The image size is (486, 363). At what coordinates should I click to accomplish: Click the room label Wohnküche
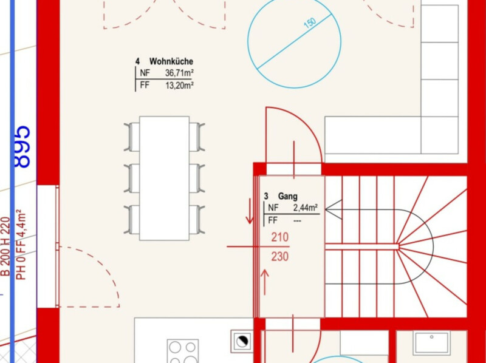point(171,61)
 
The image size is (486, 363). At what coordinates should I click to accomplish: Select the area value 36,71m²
point(179,73)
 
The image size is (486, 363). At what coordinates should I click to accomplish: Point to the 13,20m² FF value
point(179,85)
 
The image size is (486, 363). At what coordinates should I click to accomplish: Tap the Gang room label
point(287,196)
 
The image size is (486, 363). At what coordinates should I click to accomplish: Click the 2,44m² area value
point(306,208)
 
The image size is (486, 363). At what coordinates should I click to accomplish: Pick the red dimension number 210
point(280,237)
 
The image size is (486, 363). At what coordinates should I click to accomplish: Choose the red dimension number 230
point(280,256)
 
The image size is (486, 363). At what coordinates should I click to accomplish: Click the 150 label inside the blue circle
point(310,23)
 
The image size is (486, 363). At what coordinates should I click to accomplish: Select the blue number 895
point(22,147)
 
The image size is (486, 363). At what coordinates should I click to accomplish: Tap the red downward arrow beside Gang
point(250,211)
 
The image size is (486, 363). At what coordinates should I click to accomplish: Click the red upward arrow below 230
point(265,282)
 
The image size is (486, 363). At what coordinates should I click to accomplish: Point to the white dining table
point(164,178)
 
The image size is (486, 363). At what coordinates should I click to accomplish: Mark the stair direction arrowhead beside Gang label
point(334,209)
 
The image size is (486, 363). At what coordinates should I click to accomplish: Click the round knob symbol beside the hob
point(242,341)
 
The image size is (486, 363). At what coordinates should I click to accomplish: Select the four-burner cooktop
point(183,351)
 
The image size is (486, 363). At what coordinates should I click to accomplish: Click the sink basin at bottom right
point(432,342)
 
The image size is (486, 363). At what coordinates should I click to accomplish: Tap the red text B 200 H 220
point(5,246)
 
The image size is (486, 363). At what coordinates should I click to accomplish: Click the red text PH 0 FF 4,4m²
point(21,245)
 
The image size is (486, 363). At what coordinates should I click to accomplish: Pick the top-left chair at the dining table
point(132,137)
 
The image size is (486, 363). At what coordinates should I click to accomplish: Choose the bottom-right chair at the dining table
point(197,219)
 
